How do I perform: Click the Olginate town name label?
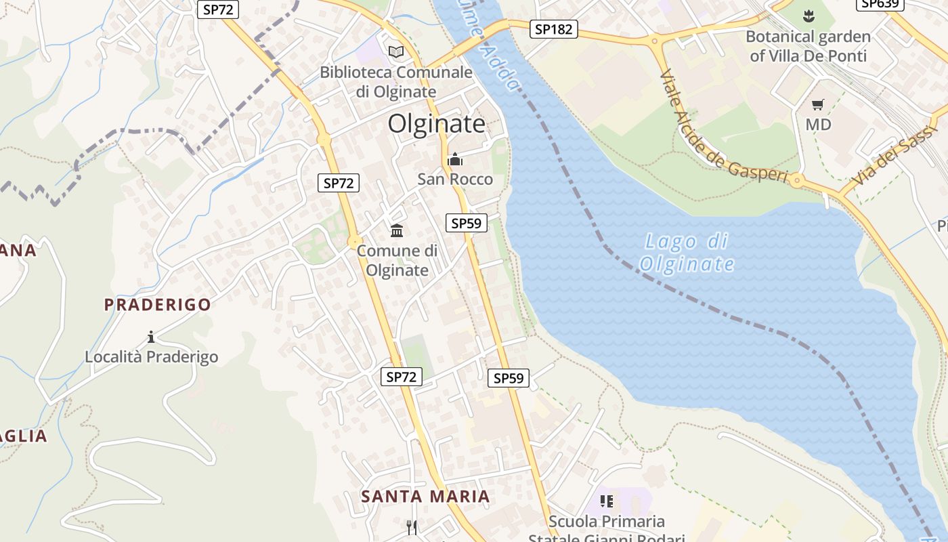point(437,124)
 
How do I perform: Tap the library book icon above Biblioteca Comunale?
point(396,51)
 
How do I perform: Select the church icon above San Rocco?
point(455,160)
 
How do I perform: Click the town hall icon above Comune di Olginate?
point(397,231)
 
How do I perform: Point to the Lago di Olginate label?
point(686,253)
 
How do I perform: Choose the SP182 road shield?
point(553,29)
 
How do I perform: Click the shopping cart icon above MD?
point(818,104)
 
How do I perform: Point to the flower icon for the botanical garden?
point(808,15)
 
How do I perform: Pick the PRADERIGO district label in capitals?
point(158,305)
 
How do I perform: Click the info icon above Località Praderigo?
point(151,337)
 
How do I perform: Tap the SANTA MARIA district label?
point(425,497)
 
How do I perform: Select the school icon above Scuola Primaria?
point(607,501)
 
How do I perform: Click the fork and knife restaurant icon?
point(411,526)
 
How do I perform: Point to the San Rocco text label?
point(455,180)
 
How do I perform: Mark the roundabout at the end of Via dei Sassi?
point(796,180)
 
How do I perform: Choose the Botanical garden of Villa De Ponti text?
point(808,46)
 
